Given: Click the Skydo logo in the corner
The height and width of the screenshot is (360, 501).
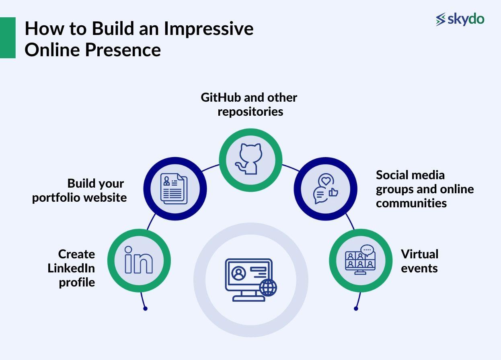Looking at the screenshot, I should coord(460,19).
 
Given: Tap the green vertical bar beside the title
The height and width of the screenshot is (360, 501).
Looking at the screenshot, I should coord(8,38).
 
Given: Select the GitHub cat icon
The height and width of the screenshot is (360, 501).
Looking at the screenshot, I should coord(250,160).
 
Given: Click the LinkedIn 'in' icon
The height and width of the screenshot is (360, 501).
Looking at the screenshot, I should coord(139,260).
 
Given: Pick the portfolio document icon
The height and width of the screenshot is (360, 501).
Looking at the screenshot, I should coord(174,188).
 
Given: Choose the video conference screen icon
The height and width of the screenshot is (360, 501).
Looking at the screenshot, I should coord(360,260).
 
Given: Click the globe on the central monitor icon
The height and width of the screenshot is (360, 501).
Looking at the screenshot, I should coord(268,288).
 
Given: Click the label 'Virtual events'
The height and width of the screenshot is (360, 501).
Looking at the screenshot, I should coord(419,261).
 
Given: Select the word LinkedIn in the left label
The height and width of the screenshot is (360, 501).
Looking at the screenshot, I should coord(71,268).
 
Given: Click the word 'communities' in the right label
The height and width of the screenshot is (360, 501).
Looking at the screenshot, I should coord(411,203).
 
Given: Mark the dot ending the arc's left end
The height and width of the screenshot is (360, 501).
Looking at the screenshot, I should coord(145,309).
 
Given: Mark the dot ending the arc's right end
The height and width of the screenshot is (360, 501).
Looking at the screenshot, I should coord(356,309).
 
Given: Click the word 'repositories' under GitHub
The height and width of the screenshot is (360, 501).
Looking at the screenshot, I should coord(250,112).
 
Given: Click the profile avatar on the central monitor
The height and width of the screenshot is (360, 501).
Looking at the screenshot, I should coord(239,273).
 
